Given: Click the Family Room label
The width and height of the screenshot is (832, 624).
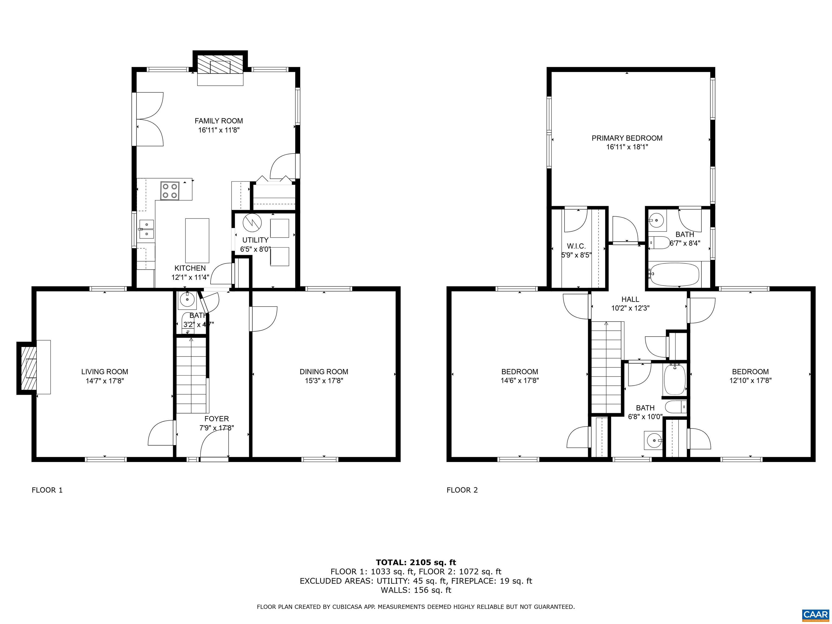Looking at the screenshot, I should coord(219,121).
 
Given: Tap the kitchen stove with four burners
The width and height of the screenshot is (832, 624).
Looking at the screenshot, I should coord(170,191).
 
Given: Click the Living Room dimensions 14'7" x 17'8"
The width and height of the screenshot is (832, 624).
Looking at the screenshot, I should coord(105,381).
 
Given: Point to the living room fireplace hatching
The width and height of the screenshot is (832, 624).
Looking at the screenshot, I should coord(26,368).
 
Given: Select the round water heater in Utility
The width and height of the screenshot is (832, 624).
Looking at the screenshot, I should coord(252,223).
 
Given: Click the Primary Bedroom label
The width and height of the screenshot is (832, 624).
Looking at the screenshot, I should coord(627,138).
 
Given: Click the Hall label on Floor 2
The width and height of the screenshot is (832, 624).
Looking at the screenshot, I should coord(630,299).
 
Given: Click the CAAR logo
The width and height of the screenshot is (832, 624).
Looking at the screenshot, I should coord(815,615).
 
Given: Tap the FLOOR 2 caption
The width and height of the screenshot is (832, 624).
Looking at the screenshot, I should coord(462,490).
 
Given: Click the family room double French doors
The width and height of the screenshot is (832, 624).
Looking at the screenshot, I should coord(149,119).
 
